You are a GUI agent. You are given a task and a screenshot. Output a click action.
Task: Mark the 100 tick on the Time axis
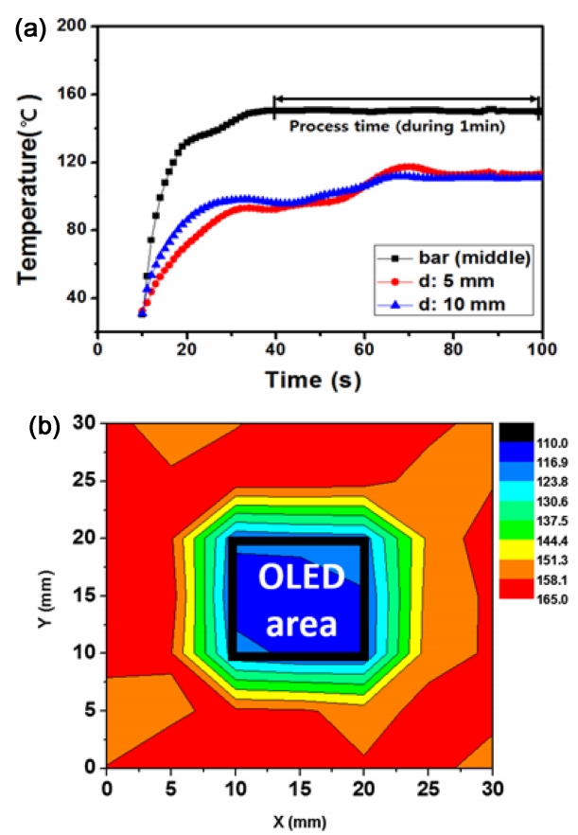coord(541,346)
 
